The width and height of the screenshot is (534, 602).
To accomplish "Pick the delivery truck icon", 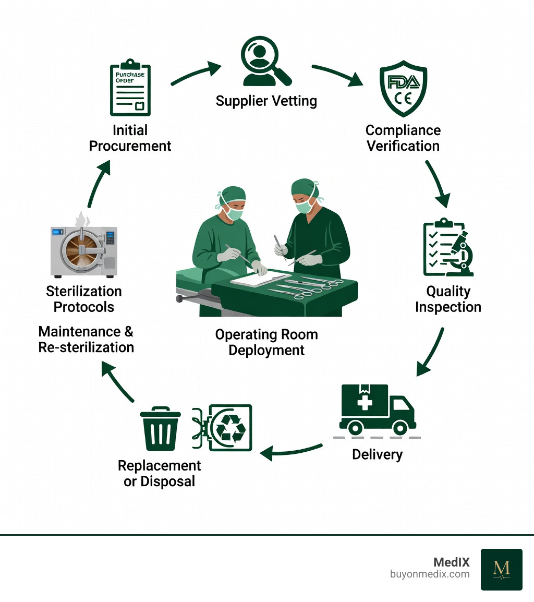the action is point(377,410).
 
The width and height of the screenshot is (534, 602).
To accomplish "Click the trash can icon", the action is point(161,429).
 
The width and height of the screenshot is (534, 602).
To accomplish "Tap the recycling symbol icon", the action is point(230,427).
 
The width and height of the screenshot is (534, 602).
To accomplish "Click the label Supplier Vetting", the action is point(266,100).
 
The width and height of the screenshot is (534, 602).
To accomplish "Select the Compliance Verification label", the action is point(403,138).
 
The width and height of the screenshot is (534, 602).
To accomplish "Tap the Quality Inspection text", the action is point(448,299).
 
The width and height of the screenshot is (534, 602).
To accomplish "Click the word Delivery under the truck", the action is point(377,454).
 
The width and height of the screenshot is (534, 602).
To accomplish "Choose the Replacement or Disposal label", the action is point(160,473).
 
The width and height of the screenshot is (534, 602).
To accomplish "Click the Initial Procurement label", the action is point(130,138).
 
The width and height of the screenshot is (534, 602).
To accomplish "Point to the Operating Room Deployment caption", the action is point(266,342).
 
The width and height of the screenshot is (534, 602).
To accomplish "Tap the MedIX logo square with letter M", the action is point(501,569).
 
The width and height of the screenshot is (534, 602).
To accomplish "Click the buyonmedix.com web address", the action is point(430,574).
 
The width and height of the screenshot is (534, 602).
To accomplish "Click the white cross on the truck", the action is point(365,403).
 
